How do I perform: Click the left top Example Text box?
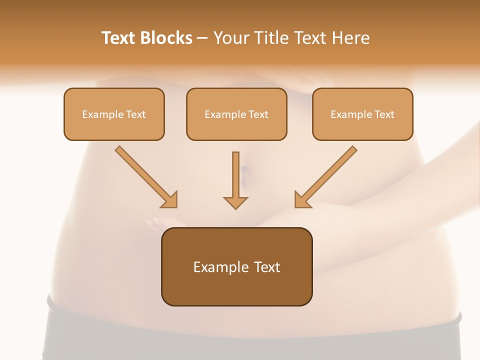click(114, 114)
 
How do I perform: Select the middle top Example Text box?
click(236, 114)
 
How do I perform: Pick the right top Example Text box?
click(362, 114)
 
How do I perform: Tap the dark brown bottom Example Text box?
click(236, 266)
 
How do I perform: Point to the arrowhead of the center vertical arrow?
click(235, 202)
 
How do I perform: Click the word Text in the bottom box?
click(266, 267)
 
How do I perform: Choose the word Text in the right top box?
click(384, 114)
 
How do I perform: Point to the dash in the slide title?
click(202, 38)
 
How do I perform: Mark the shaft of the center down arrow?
click(235, 172)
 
